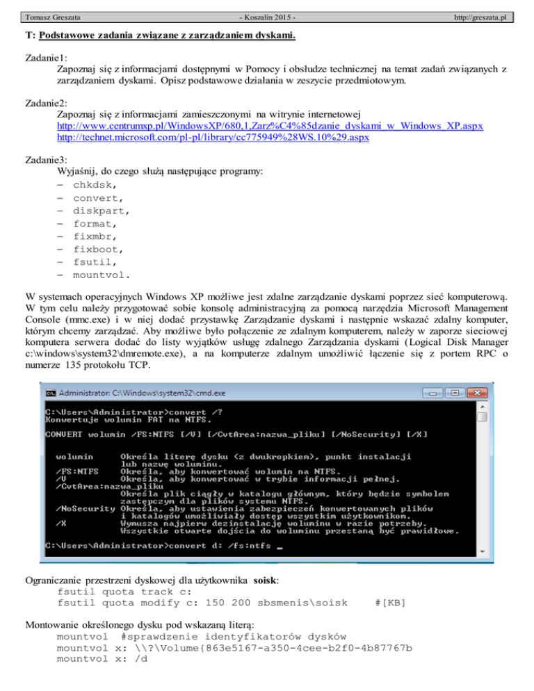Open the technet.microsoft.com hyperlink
(213, 138)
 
